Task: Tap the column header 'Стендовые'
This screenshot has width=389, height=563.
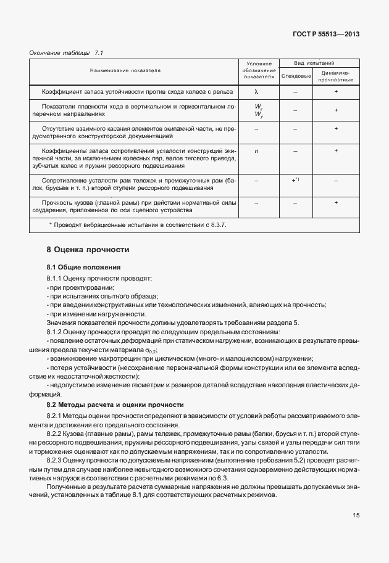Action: pos(295,76)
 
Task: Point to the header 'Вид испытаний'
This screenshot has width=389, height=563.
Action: pos(317,63)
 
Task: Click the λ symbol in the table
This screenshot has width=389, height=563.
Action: pos(256,91)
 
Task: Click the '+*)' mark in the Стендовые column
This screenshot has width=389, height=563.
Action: pos(295,179)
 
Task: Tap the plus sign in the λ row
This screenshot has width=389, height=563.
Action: pos(336,91)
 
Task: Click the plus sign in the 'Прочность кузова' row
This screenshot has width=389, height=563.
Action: pos(336,202)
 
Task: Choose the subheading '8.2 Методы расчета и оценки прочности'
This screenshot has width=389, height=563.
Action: pos(115,405)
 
